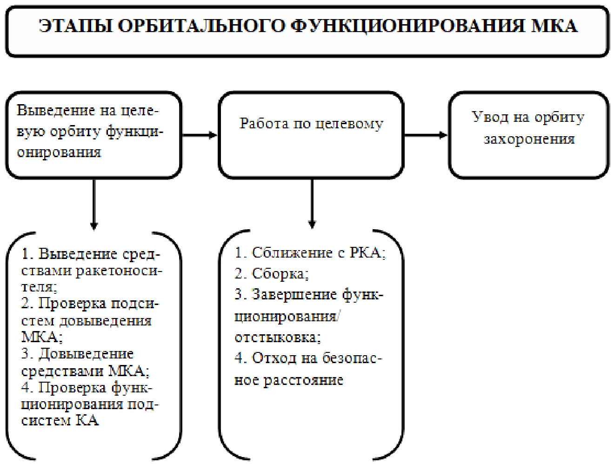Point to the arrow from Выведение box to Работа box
point(200,135)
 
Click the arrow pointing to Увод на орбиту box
point(425,135)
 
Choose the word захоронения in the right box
point(529,139)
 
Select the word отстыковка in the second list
point(277,337)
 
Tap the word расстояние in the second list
point(303,380)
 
